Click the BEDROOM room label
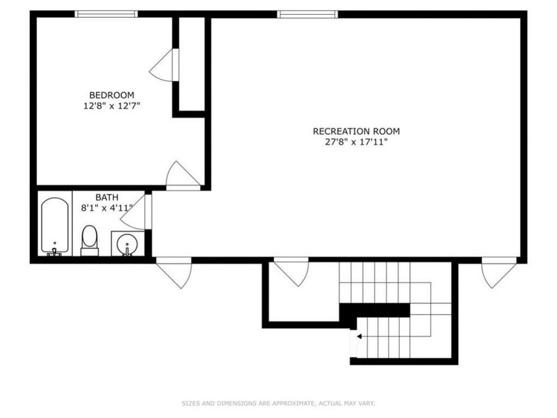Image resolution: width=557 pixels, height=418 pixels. (x=111, y=95)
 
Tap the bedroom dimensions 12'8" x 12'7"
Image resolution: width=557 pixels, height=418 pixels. (x=111, y=105)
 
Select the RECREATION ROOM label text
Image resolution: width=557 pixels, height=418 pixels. (x=356, y=131)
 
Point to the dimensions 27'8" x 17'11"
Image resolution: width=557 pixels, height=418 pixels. (x=356, y=142)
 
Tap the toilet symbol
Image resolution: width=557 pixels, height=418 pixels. (x=90, y=240)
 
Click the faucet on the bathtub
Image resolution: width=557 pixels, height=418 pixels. (x=54, y=250)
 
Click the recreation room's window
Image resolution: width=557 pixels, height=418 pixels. (x=307, y=14)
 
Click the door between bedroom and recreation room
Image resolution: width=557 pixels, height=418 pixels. (x=181, y=176)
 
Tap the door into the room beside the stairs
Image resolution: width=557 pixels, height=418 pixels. (x=291, y=271)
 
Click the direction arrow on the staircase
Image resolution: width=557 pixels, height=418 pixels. (x=358, y=336)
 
